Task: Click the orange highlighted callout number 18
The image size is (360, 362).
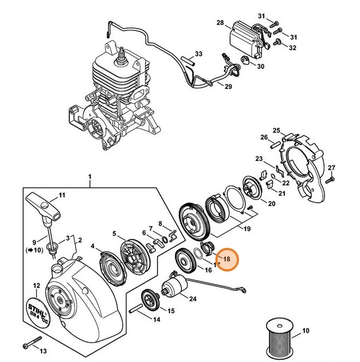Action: coord(226,259)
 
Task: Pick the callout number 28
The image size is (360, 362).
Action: coord(220,23)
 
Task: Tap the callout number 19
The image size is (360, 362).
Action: coord(230,229)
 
